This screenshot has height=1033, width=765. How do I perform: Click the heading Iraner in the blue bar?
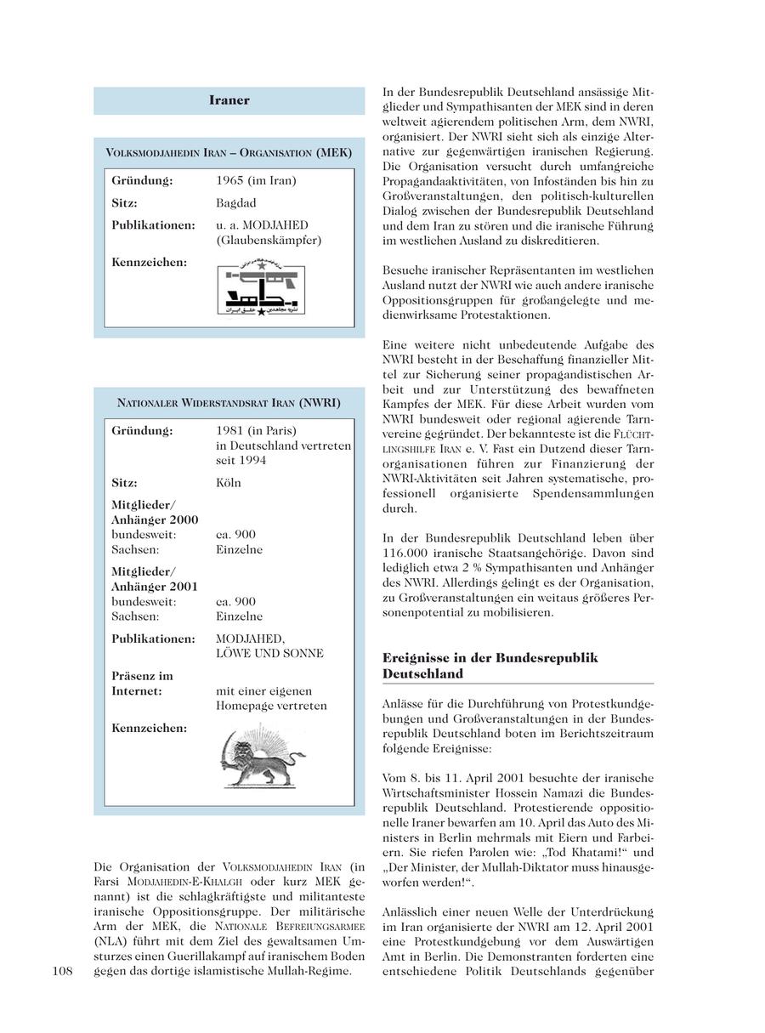(229, 100)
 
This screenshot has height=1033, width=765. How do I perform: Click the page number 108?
(65, 971)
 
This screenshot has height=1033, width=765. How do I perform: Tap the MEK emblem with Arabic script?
(260, 291)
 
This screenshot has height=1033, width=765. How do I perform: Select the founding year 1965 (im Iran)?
(256, 181)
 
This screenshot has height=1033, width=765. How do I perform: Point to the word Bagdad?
(235, 203)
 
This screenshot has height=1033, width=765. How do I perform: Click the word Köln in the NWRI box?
(229, 482)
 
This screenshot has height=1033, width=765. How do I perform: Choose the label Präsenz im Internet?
(142, 684)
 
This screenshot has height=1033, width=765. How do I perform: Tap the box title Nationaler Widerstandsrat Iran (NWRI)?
(229, 402)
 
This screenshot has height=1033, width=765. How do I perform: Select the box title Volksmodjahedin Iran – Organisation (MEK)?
(229, 153)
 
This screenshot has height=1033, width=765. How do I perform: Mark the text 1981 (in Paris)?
(256, 430)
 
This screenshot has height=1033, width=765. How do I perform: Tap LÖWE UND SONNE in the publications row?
(269, 653)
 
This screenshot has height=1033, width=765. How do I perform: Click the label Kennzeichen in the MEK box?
(149, 262)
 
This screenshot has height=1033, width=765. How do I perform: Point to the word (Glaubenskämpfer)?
(269, 240)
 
